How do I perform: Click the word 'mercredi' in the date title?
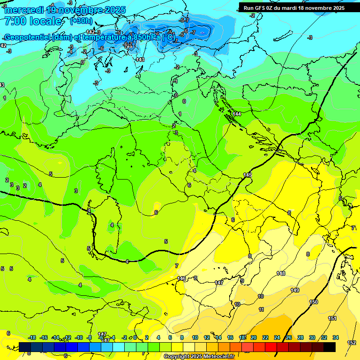(24, 10)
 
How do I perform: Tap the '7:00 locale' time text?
(33, 21)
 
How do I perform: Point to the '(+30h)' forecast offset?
(81, 21)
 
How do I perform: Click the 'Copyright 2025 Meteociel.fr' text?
(199, 356)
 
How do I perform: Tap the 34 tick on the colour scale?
(336, 337)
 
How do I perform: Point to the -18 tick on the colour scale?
(32, 337)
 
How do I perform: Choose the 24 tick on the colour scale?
(277, 337)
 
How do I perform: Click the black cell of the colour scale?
(330, 347)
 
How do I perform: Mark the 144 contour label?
(237, 114)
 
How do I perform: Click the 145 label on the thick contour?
(247, 175)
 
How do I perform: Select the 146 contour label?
(181, 278)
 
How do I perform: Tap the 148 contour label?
(281, 273)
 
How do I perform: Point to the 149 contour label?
(295, 290)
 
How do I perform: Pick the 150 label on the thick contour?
(314, 302)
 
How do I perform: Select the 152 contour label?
(352, 343)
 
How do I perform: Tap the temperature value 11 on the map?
(261, 309)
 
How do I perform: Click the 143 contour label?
(140, 60)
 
